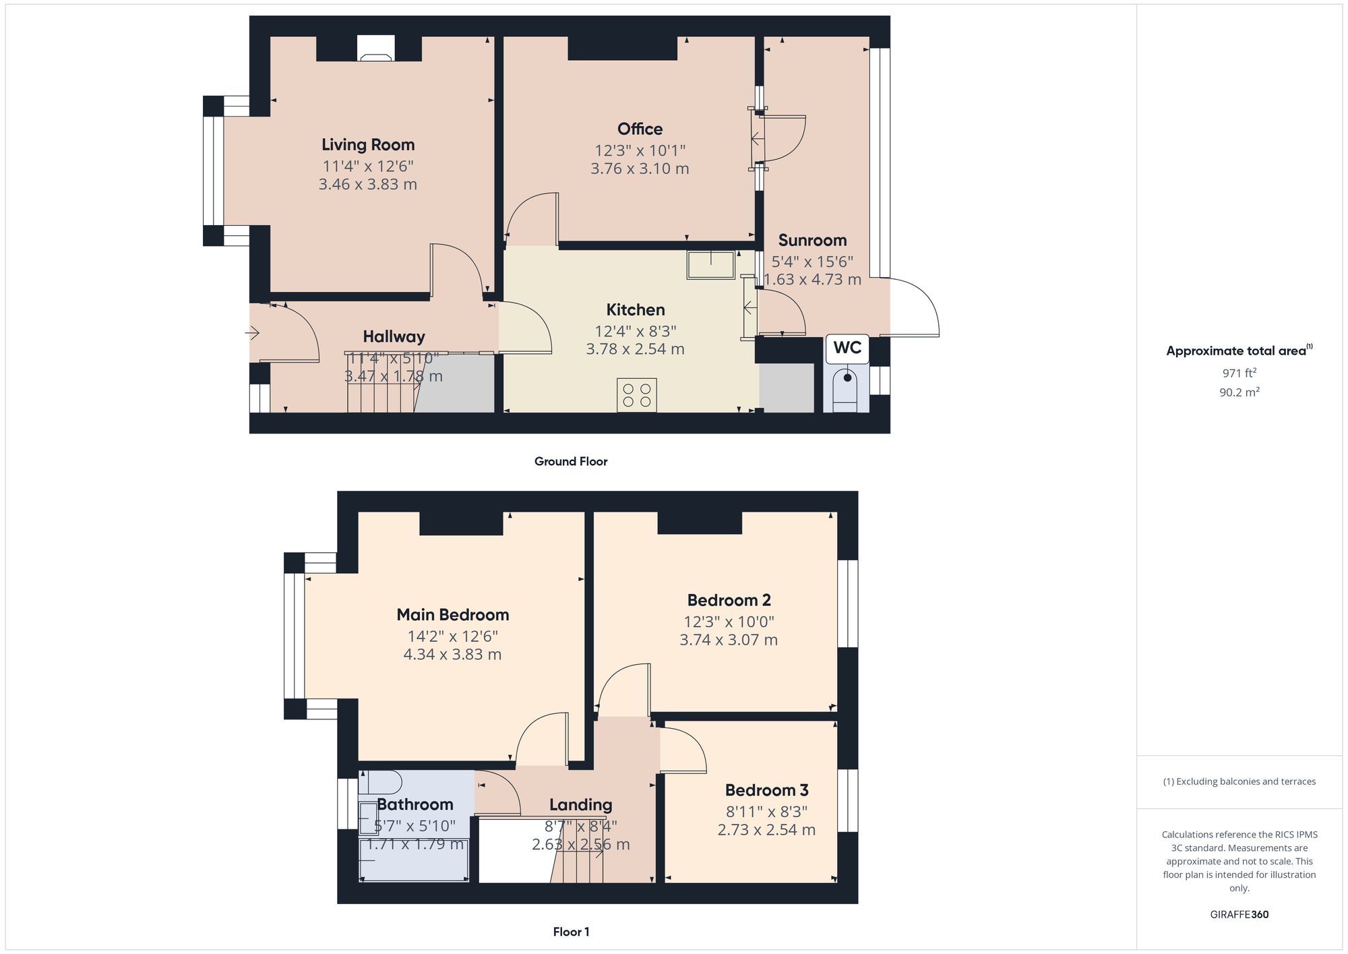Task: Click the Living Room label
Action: [x=368, y=145]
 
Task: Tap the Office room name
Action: [x=640, y=129]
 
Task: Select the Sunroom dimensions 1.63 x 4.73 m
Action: [x=812, y=280]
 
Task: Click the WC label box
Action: [x=847, y=348]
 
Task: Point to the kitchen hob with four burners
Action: [x=636, y=395]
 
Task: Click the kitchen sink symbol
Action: [x=710, y=264]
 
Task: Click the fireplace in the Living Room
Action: [x=375, y=49]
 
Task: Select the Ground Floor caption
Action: [x=571, y=462]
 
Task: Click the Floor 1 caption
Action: [x=571, y=932]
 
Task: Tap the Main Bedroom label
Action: [x=452, y=615]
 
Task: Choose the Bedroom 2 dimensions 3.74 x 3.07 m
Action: [x=728, y=640]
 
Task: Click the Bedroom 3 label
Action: [x=766, y=790]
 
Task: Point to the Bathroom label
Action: [x=415, y=804]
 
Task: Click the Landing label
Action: [x=580, y=805]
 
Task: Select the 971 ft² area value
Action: [x=1239, y=373]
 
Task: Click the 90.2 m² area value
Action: [x=1239, y=392]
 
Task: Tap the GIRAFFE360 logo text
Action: [x=1239, y=915]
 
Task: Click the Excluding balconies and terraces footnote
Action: [x=1239, y=782]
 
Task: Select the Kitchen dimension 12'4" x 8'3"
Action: [x=635, y=331]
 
